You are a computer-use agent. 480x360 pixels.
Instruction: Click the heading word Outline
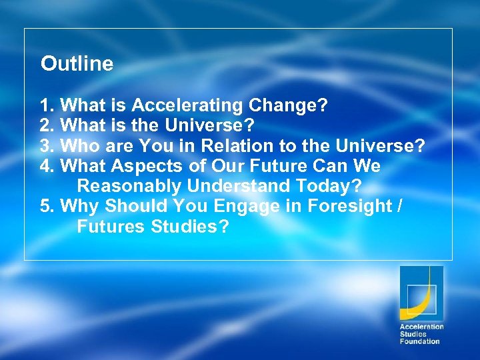tap(77, 64)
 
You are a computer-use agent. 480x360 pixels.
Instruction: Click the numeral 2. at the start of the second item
tap(47, 125)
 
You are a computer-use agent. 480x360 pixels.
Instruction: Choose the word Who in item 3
tap(79, 145)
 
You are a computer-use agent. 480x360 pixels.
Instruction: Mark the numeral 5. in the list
tap(47, 207)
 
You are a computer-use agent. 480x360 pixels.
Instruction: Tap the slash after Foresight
tap(399, 207)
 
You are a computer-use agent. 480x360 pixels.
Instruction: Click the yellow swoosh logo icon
tap(421, 293)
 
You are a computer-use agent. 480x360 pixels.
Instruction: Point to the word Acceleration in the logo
tap(421, 327)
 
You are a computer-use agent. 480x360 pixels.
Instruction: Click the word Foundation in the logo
tap(419, 341)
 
